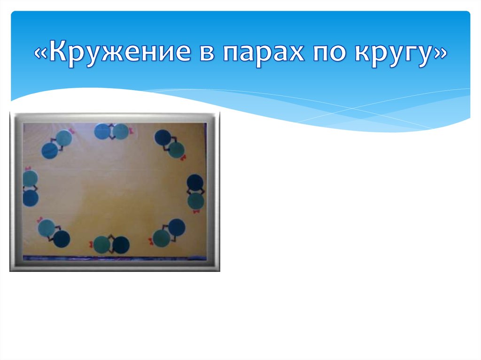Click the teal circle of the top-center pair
pyautogui.click(x=121, y=132)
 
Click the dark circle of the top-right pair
pyautogui.click(x=163, y=137)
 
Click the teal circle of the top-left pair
pyautogui.click(x=64, y=138)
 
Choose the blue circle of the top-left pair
pyautogui.click(x=49, y=151)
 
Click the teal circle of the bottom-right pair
pyautogui.click(x=161, y=238)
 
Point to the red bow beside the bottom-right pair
pyautogui.click(x=151, y=242)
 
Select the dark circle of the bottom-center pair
pyautogui.click(x=121, y=244)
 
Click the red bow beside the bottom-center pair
pyautogui.click(x=91, y=244)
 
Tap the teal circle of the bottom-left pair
pyautogui.click(x=46, y=228)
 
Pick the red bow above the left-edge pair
pyautogui.click(x=27, y=168)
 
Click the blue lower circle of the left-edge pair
pyautogui.click(x=31, y=198)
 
